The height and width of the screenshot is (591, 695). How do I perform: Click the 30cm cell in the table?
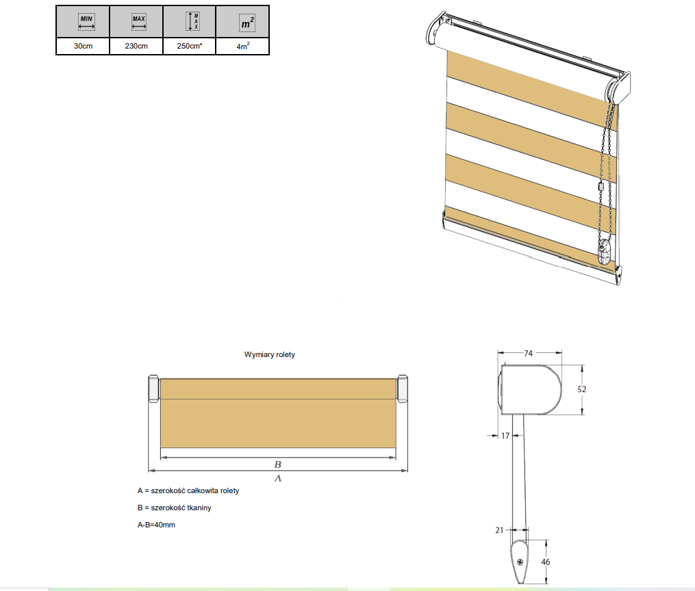click(83, 46)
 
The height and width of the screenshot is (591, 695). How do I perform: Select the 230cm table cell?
click(136, 46)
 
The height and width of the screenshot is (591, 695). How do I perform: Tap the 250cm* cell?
click(189, 46)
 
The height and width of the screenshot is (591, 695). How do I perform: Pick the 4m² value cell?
click(242, 46)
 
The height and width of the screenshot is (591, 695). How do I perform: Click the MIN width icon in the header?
click(86, 22)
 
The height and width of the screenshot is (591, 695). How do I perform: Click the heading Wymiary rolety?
click(270, 354)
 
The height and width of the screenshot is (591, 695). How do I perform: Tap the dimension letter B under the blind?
click(278, 464)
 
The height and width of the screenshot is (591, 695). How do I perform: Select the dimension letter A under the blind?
click(278, 478)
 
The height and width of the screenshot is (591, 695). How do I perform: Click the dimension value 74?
click(528, 353)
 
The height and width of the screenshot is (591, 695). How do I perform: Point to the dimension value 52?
click(582, 389)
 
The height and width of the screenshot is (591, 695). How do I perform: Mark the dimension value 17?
click(505, 436)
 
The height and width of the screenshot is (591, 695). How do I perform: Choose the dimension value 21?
click(500, 530)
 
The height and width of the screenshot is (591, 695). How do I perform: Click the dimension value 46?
click(546, 562)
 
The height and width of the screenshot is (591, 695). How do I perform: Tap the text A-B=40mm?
click(156, 525)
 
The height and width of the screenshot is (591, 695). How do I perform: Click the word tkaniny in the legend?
click(199, 508)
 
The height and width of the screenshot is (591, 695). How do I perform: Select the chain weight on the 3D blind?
click(604, 252)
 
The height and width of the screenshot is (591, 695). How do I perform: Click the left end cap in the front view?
click(153, 389)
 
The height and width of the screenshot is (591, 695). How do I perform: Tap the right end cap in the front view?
click(402, 389)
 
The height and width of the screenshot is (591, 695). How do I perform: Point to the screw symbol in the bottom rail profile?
click(520, 562)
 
